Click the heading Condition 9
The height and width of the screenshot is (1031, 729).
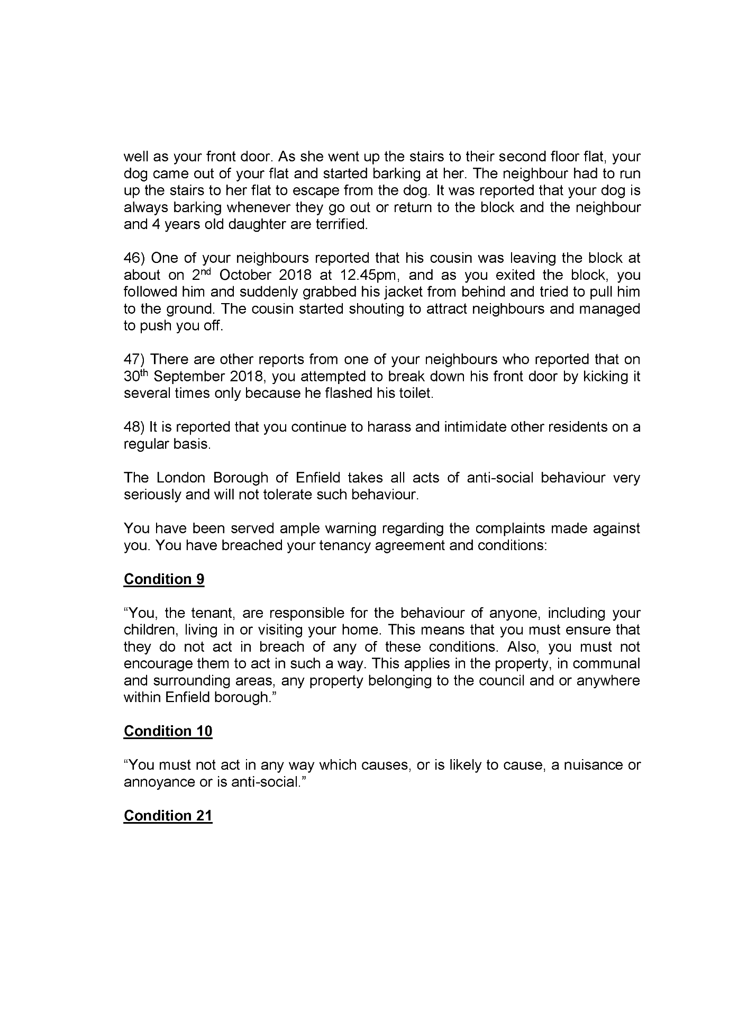[x=164, y=579]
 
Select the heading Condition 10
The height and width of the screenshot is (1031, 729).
[x=168, y=731]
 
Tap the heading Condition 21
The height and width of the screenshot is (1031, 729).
[x=168, y=816]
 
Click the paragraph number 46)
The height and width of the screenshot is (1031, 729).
[x=134, y=258]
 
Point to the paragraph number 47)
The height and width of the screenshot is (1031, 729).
[x=134, y=360]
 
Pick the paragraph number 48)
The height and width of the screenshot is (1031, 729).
[x=134, y=427]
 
